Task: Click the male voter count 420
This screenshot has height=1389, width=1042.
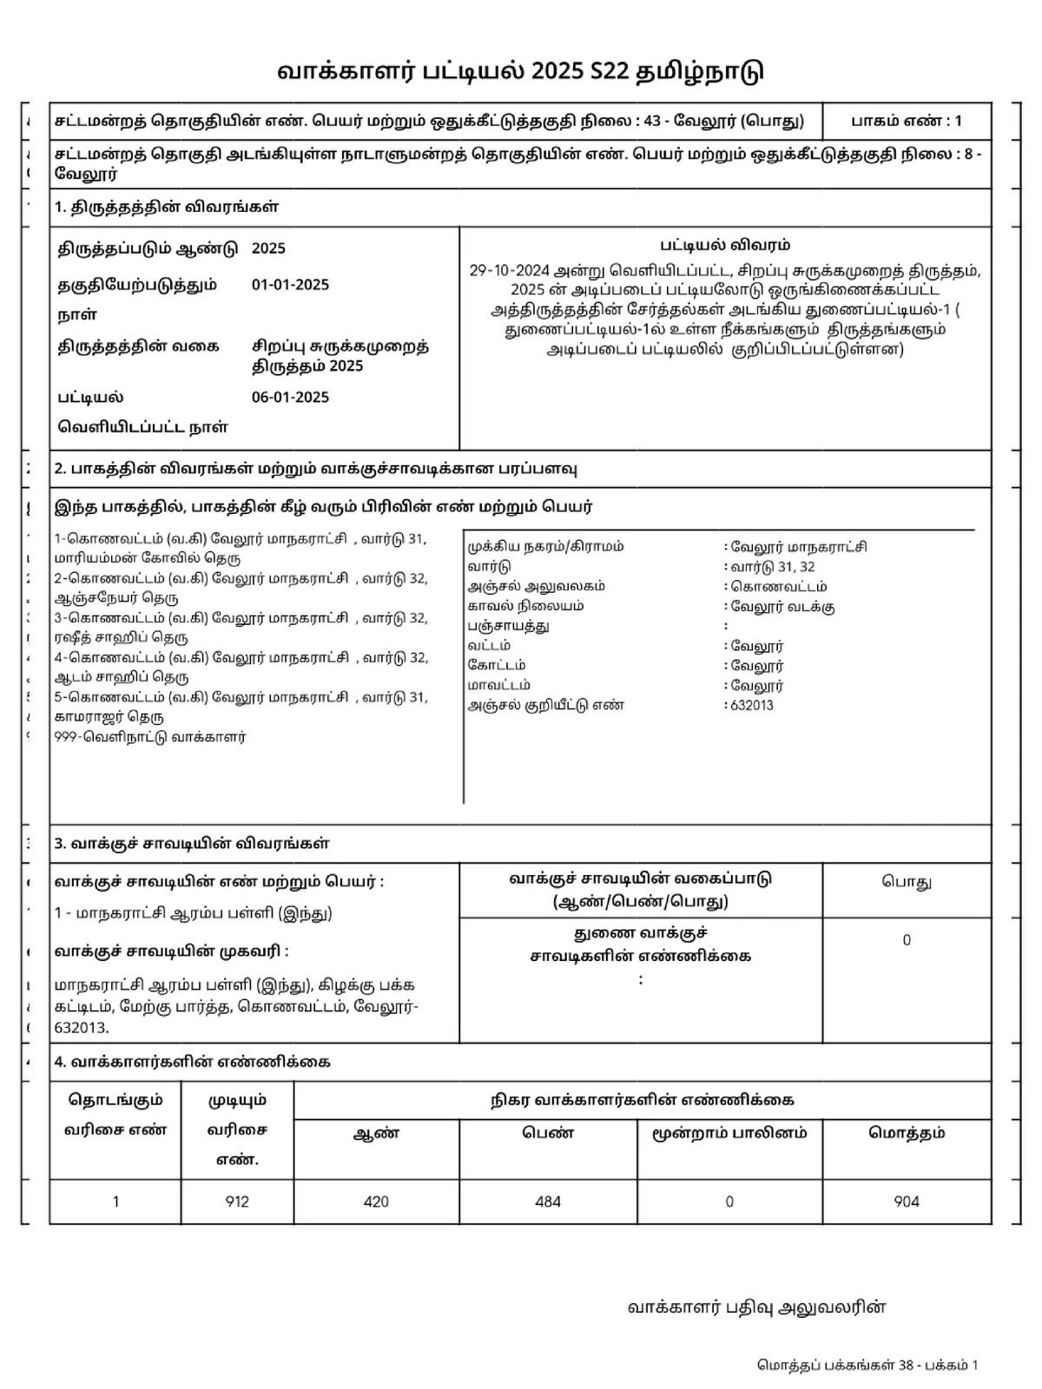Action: click(376, 1201)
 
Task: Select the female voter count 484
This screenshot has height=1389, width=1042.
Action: click(548, 1201)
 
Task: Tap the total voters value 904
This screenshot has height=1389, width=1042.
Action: click(907, 1201)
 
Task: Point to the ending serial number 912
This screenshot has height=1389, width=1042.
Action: click(237, 1201)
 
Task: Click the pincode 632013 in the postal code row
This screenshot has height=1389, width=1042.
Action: click(752, 705)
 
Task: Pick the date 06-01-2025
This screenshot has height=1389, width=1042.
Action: click(290, 398)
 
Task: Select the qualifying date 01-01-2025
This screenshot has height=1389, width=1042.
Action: click(290, 285)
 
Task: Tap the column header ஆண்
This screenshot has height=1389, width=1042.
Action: click(376, 1133)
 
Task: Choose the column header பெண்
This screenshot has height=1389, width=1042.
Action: click(548, 1133)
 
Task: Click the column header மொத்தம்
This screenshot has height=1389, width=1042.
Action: click(907, 1133)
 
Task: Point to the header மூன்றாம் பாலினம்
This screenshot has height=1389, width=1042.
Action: click(729, 1133)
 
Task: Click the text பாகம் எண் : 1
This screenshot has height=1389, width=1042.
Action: click(906, 121)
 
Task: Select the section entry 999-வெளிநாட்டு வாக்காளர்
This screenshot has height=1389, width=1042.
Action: click(150, 737)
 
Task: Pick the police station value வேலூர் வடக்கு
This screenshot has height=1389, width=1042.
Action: click(782, 607)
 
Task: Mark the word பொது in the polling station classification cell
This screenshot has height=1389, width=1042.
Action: click(907, 882)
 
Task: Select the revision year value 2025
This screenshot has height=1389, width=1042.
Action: click(268, 248)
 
